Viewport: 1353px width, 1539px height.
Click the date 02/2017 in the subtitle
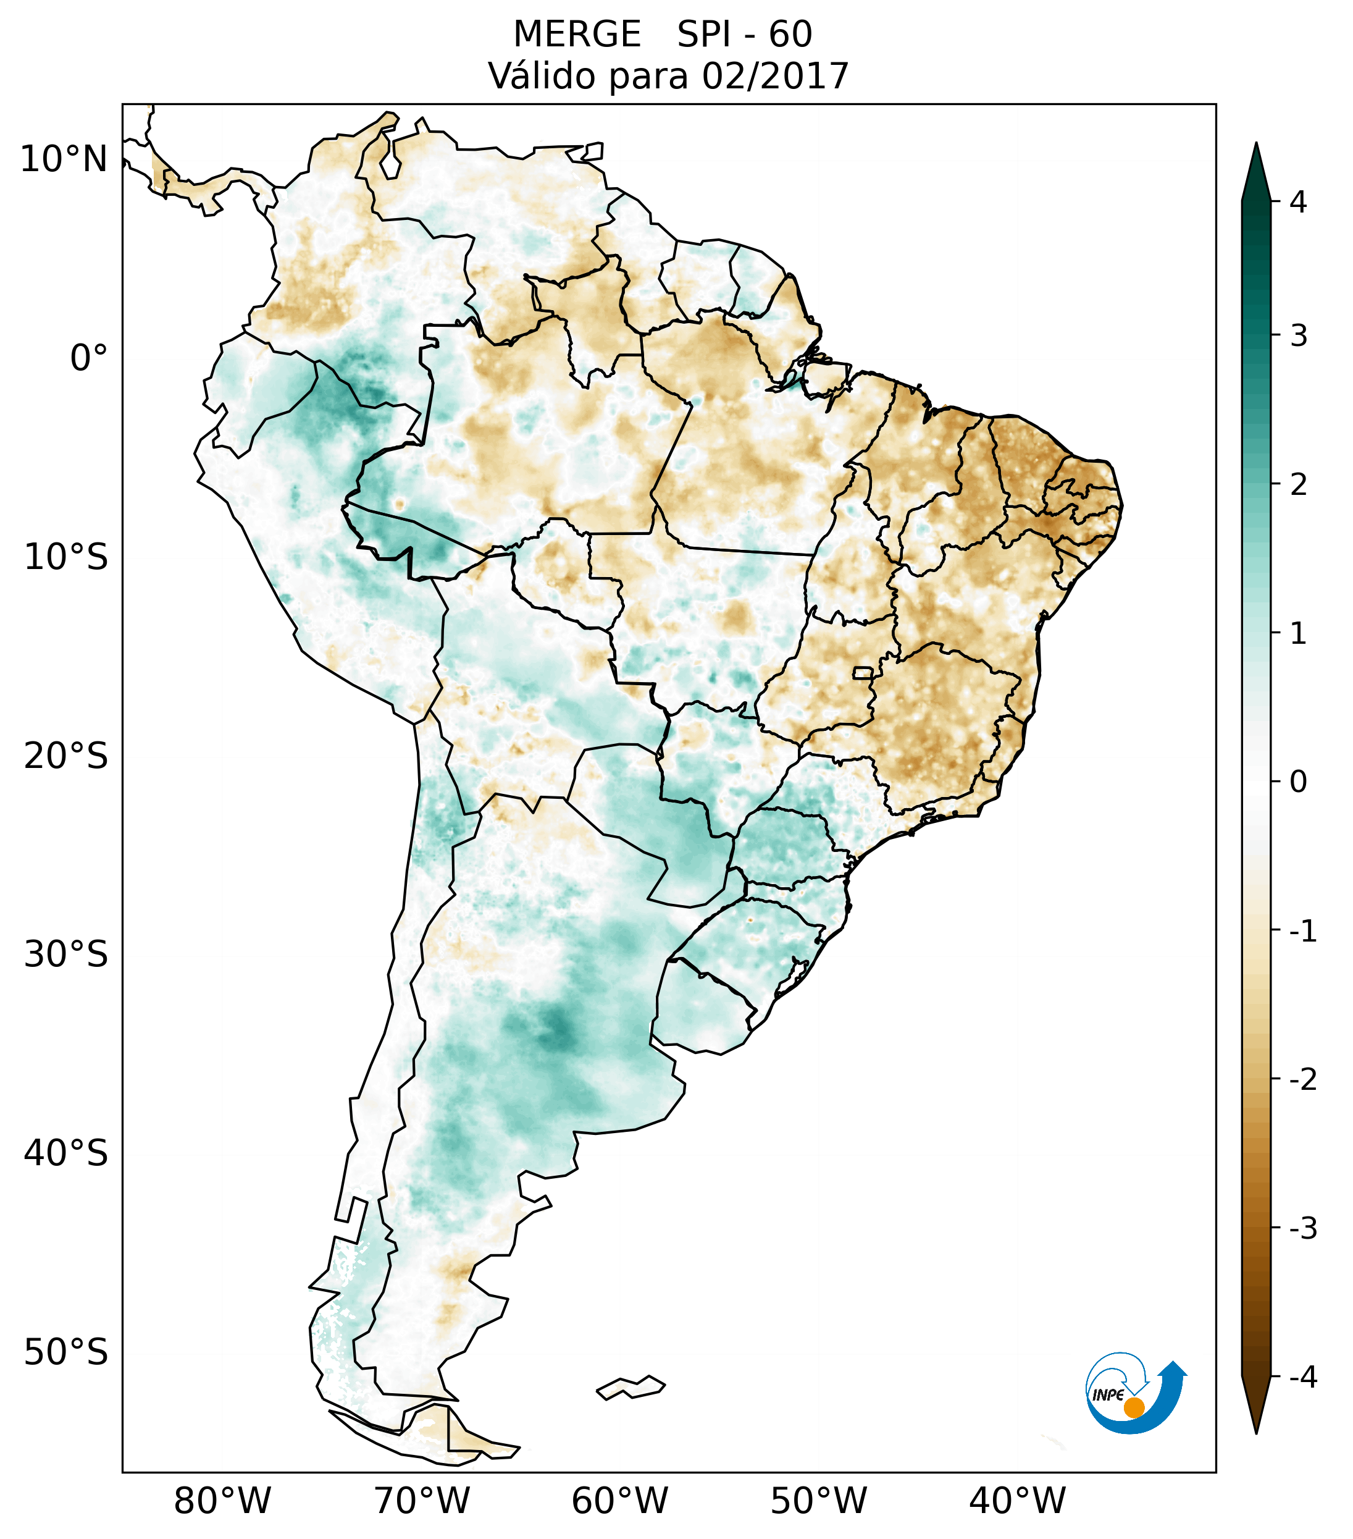point(775,76)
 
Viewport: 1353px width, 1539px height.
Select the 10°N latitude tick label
point(64,159)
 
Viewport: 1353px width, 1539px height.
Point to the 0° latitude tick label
point(89,358)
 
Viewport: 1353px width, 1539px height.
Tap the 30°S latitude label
point(66,955)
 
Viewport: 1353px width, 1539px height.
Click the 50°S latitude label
point(66,1353)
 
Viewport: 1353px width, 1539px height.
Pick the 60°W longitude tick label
point(619,1501)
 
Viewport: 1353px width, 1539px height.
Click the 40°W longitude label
point(1018,1501)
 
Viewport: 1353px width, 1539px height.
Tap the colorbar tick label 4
point(1298,202)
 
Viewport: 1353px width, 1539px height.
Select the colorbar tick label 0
point(1298,782)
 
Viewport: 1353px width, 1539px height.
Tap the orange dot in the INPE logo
point(1133,1407)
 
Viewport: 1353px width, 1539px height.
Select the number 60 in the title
point(790,35)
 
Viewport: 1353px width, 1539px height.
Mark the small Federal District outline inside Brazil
point(863,672)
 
